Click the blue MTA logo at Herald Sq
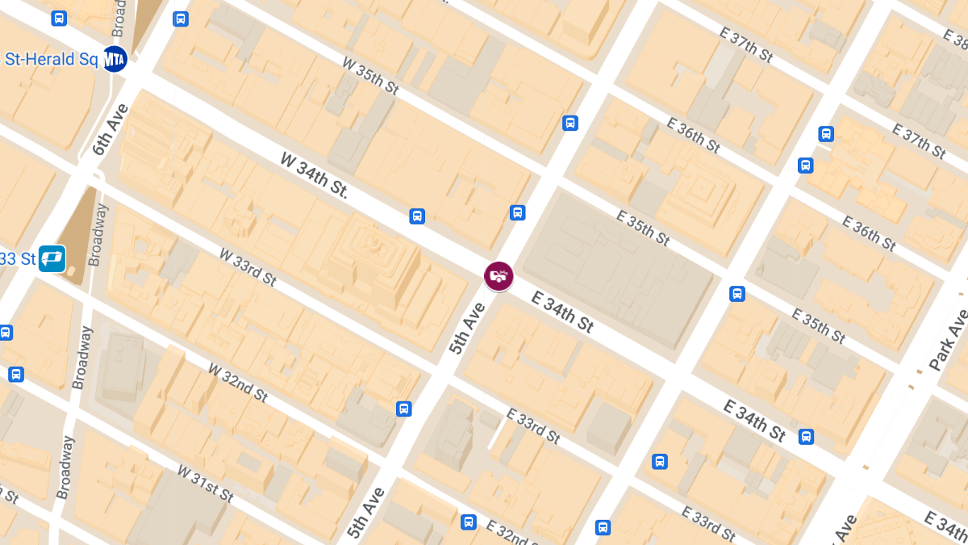point(115,58)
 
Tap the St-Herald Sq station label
point(51,58)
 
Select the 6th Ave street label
point(111,130)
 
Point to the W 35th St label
point(370,74)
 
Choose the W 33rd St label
point(248,266)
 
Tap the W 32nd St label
point(238,382)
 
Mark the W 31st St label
point(205,484)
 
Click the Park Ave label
point(948,339)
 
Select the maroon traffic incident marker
point(499,275)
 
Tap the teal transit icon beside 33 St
point(52,258)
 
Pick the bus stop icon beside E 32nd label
point(468,522)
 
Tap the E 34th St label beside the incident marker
point(563,312)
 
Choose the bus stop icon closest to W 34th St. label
point(417,216)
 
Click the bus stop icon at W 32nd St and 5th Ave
point(404,409)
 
